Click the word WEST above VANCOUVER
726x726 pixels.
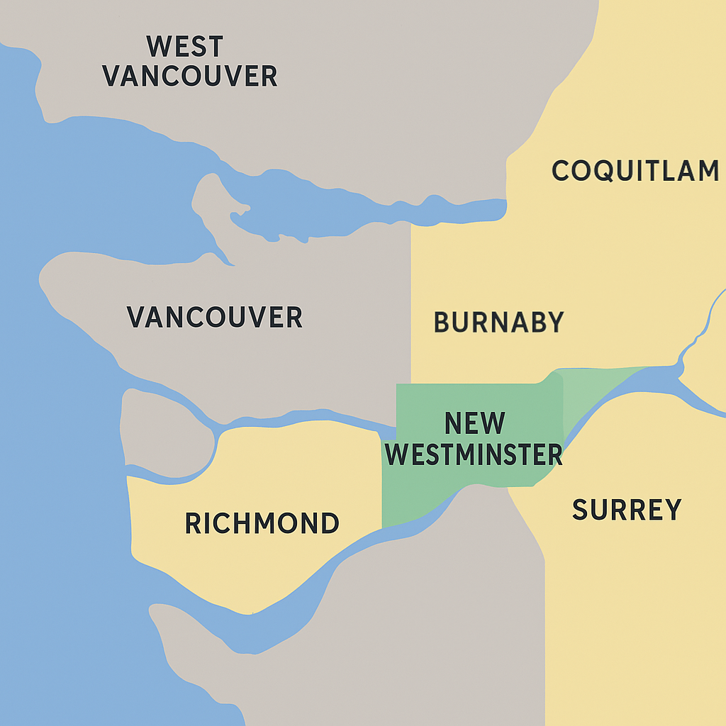coord(184,47)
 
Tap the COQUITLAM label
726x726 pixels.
coord(635,171)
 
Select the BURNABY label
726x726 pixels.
coord(498,323)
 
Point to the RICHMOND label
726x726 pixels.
coord(262,523)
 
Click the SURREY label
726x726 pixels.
coord(626,510)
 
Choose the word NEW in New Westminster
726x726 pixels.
coord(474,423)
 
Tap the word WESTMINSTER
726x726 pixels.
coord(474,454)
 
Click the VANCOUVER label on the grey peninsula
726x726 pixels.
coord(214,317)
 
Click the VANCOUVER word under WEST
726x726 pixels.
coord(190,76)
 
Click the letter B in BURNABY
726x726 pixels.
coord(442,323)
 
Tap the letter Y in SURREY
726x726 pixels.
coord(671,510)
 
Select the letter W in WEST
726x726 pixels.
coord(158,47)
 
